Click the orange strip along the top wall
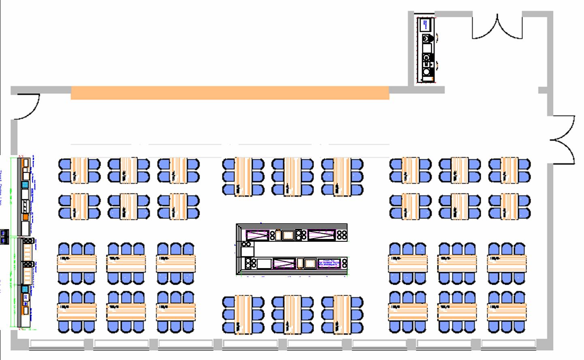pyautogui.click(x=230, y=92)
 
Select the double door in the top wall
pyautogui.click(x=497, y=27)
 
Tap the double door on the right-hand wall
pyautogui.click(x=563, y=140)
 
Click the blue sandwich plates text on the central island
pyautogui.click(x=328, y=263)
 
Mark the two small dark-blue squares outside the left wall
pyautogui.click(x=5, y=236)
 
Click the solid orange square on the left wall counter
pyautogui.click(x=26, y=217)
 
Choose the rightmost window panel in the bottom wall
pyautogui.click(x=509, y=343)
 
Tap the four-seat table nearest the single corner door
pyautogui.click(x=79, y=170)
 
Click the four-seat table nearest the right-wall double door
pyautogui.click(x=509, y=170)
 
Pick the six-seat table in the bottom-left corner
pyautogui.click(x=77, y=312)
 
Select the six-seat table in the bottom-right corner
pyautogui.click(x=507, y=312)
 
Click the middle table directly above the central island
pyautogui.click(x=292, y=177)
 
